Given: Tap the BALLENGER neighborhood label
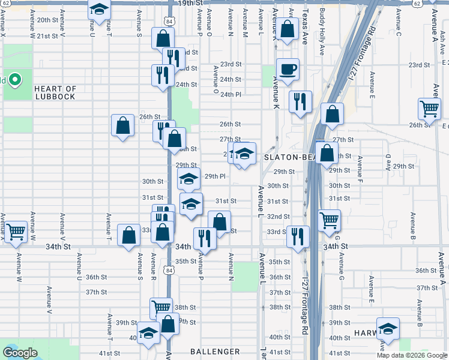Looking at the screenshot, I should (x=215, y=352).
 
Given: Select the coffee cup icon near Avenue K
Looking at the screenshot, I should (x=287, y=68).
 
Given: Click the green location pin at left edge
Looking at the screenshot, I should (x=15, y=80).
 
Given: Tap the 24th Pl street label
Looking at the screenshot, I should (x=230, y=95).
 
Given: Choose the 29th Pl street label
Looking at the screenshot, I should (x=214, y=176).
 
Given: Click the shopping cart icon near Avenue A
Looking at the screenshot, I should (x=429, y=109).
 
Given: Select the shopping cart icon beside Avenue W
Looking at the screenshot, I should (x=15, y=230).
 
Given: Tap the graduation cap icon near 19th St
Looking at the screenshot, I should (x=99, y=8).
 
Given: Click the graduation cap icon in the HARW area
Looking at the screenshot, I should (x=388, y=328).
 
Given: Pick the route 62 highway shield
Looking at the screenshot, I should (x=425, y=4).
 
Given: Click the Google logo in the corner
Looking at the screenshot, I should (x=20, y=353).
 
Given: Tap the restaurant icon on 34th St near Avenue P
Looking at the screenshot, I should (x=205, y=238).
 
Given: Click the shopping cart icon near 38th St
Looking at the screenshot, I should (x=161, y=308).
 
